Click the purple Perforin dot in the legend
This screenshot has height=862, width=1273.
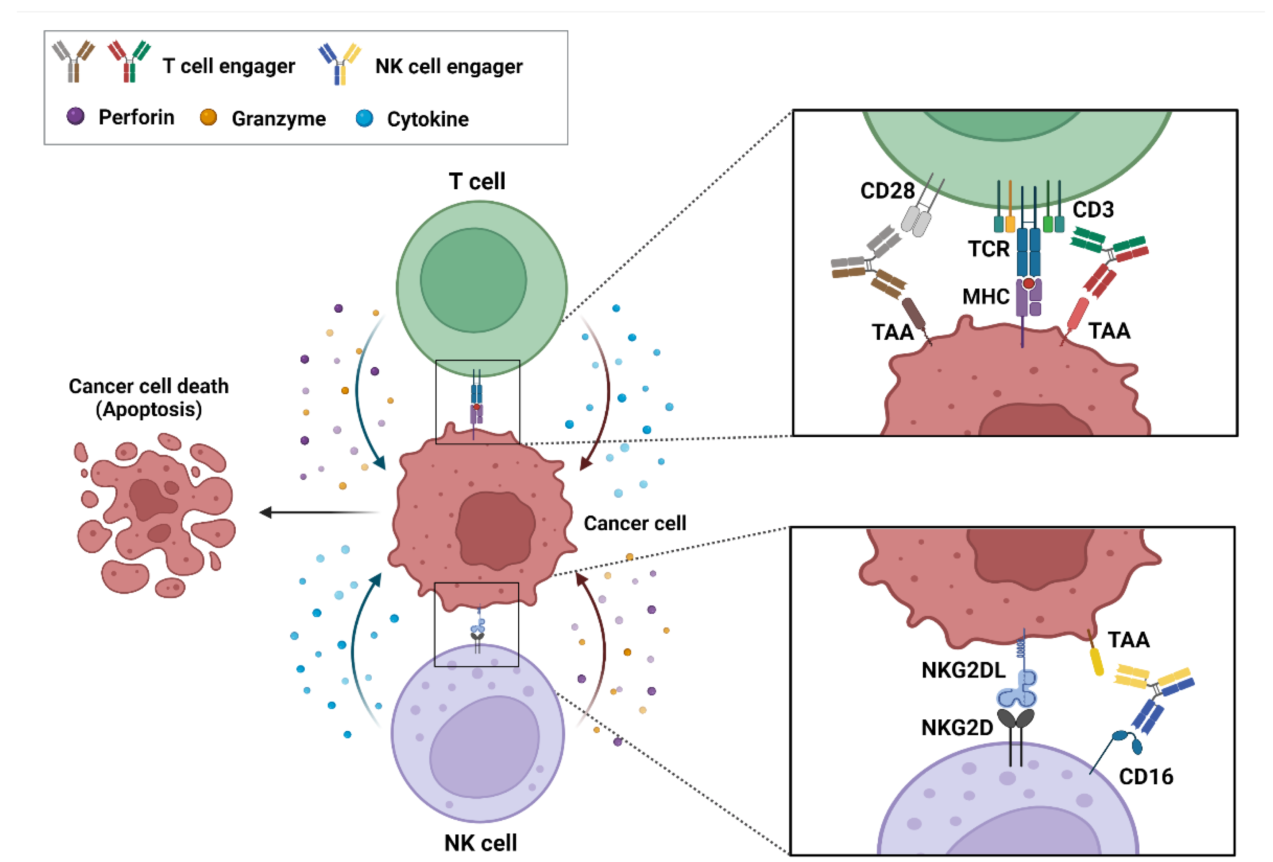(x=75, y=116)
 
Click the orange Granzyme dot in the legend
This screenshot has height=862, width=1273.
(x=208, y=117)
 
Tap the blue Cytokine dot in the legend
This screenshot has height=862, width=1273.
(x=364, y=118)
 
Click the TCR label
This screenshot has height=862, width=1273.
(x=988, y=249)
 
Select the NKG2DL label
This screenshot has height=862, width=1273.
(x=963, y=670)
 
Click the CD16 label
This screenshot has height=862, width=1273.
(x=1145, y=776)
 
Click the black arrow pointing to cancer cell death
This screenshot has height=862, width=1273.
(x=318, y=512)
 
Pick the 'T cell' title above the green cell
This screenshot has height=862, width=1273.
(x=477, y=181)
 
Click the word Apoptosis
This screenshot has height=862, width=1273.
(x=148, y=409)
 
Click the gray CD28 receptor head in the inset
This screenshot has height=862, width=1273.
(x=916, y=220)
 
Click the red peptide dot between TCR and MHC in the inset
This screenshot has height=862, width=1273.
(x=1028, y=283)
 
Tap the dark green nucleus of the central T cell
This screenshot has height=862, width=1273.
(x=473, y=280)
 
